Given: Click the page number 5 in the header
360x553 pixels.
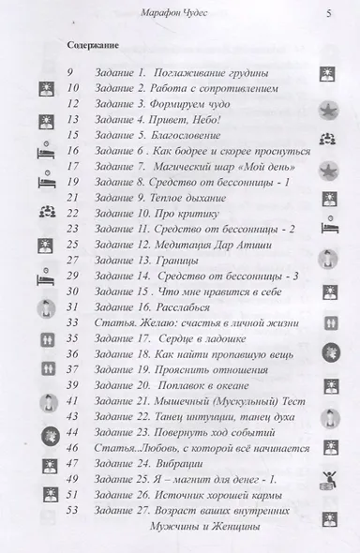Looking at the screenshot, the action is coord(328,12).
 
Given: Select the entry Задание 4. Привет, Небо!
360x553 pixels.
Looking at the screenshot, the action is coord(158,119).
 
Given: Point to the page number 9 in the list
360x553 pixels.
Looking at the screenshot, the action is coord(71,71).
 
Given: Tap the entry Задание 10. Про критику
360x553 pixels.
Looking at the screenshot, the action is coord(150,214).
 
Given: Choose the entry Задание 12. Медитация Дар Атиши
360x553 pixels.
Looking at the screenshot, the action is coord(181,245).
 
